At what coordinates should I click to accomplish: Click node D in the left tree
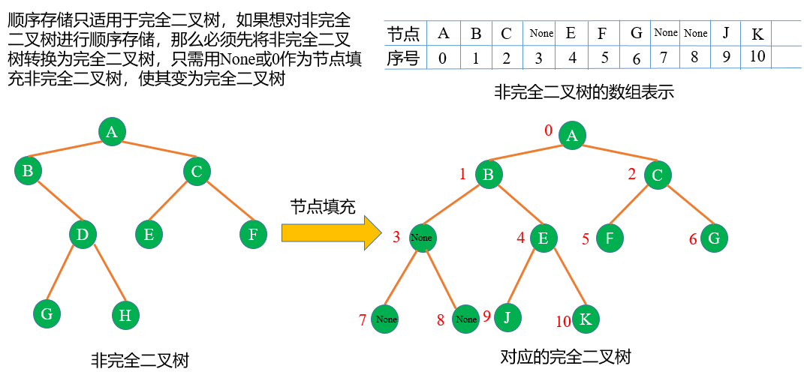click(x=83, y=235)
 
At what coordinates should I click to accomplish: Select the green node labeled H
click(x=125, y=315)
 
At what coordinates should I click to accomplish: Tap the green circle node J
click(x=507, y=317)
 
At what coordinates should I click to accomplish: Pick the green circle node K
click(x=586, y=319)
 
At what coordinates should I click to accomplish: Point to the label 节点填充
click(x=323, y=206)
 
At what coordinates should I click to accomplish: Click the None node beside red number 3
click(x=422, y=238)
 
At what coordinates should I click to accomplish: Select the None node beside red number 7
click(x=386, y=319)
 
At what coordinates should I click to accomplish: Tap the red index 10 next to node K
click(x=563, y=322)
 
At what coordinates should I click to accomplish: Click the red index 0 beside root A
click(x=548, y=130)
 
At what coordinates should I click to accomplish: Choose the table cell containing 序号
click(x=403, y=58)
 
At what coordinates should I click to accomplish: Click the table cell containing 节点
click(x=403, y=34)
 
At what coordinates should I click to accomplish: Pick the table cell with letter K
click(x=757, y=34)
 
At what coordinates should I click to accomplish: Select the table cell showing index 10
click(x=757, y=56)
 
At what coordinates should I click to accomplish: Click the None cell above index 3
click(x=541, y=33)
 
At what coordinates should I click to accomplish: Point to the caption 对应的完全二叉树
click(x=566, y=356)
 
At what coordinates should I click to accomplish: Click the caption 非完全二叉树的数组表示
click(x=584, y=92)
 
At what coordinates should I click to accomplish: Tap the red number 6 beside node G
click(x=693, y=239)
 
